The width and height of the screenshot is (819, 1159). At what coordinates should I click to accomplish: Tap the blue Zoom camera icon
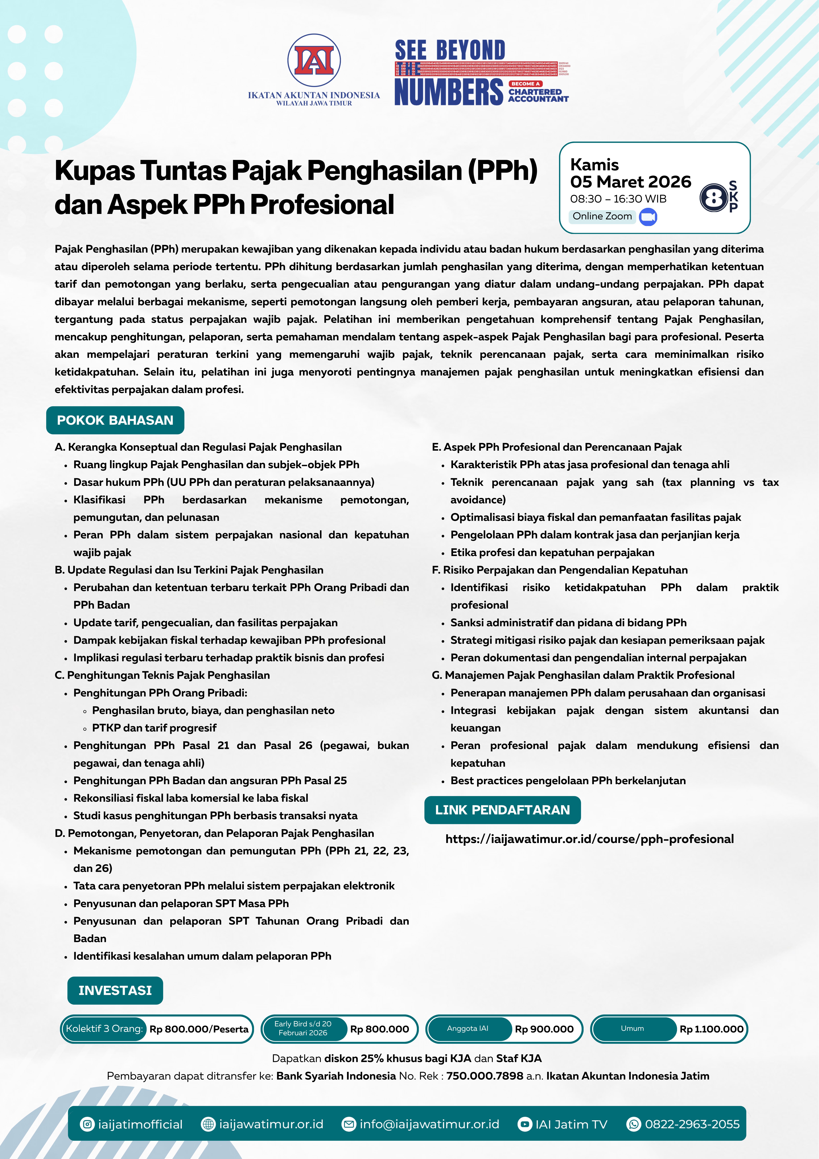pos(648,217)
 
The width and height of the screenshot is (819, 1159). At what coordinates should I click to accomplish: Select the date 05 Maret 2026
pos(630,182)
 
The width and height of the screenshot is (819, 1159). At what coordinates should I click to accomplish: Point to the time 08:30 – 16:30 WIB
pos(618,199)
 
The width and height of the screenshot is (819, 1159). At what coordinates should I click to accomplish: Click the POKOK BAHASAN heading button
pos(115,420)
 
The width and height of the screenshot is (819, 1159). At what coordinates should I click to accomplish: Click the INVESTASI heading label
pos(115,990)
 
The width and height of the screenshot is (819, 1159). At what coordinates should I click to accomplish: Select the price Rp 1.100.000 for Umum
pos(711,1029)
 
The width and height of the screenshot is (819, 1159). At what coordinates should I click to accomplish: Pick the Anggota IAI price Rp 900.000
pos(544,1029)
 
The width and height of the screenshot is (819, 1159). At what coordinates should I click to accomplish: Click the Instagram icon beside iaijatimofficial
pos(87,1124)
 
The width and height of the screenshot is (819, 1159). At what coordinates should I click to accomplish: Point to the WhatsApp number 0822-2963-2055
pos(692,1124)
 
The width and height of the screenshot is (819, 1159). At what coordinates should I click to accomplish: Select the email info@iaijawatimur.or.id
pos(429,1124)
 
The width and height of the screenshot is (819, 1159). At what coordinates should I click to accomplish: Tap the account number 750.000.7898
pos(484,1076)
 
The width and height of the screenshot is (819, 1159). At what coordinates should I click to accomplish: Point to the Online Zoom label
pos(602,216)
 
